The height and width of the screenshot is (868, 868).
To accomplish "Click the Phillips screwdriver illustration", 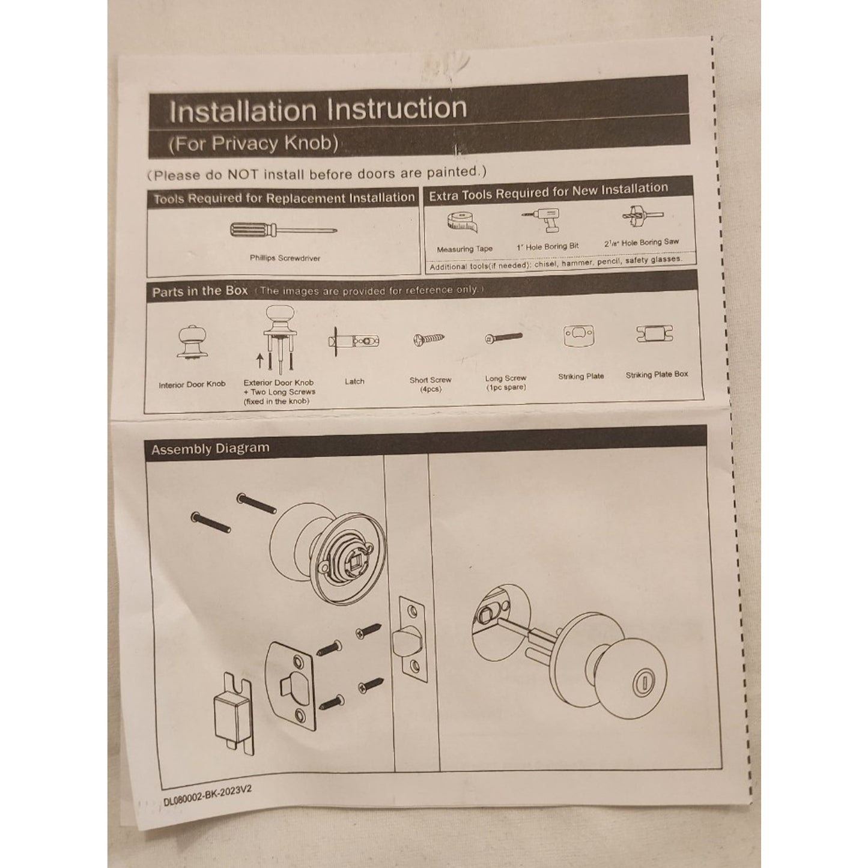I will [x=282, y=229].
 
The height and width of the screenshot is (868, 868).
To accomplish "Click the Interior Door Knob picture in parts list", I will [x=192, y=343].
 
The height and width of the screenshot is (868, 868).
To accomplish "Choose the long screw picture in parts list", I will [x=504, y=338].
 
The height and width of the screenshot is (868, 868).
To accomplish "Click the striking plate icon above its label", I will [x=579, y=335].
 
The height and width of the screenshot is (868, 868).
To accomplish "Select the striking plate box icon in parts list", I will [x=655, y=333].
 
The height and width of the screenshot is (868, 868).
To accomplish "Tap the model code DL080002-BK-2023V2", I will [x=207, y=795].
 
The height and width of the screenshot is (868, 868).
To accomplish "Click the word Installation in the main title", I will [x=243, y=112].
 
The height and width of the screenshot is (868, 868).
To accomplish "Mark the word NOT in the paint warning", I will [x=242, y=175].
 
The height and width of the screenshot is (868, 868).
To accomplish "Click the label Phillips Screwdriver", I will [x=285, y=258].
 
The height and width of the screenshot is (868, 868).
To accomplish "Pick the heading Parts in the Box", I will [x=199, y=292].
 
